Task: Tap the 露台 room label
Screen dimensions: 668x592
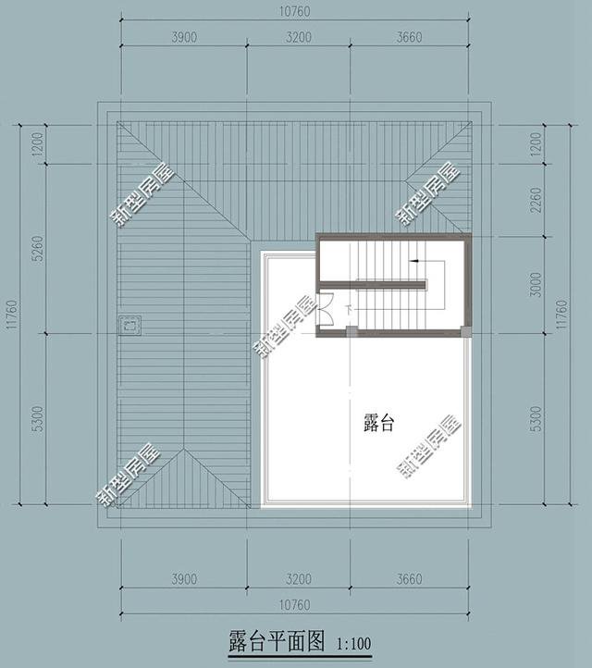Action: [379, 424]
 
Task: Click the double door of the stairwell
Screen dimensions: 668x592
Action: [327, 307]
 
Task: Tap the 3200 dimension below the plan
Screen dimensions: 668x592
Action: [298, 580]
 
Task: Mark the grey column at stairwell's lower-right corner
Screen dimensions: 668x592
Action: [467, 331]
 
